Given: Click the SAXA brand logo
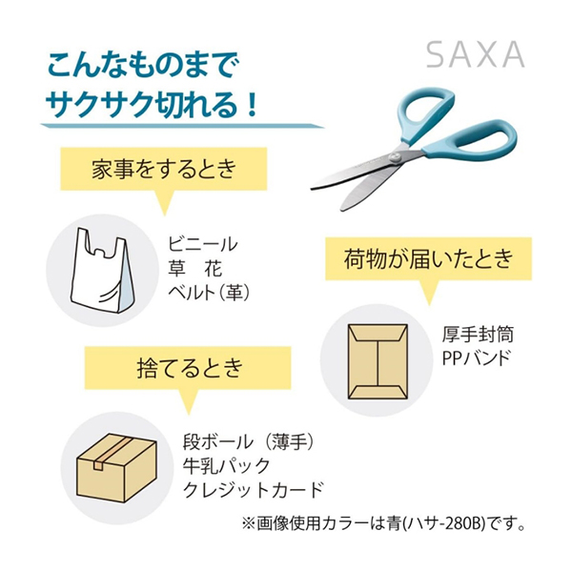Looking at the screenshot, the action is [x=476, y=54].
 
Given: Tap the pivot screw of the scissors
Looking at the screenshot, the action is [x=394, y=157].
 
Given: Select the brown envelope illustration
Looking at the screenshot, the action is [x=378, y=361].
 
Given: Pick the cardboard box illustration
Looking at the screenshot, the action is [x=116, y=468].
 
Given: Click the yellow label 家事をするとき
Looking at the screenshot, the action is [x=164, y=169].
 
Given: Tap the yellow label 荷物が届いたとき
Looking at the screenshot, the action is [x=429, y=258].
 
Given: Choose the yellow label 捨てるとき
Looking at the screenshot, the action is [x=188, y=368].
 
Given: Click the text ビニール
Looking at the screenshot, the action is [x=203, y=244].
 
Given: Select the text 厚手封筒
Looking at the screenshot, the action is [x=478, y=335].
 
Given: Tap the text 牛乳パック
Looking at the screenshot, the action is [x=227, y=466].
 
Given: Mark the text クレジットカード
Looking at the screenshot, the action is [x=254, y=490].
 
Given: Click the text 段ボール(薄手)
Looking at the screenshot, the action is [x=249, y=442].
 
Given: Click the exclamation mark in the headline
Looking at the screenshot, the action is [x=252, y=105].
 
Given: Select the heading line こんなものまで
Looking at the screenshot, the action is [x=143, y=65].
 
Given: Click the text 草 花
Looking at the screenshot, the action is [x=195, y=268].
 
